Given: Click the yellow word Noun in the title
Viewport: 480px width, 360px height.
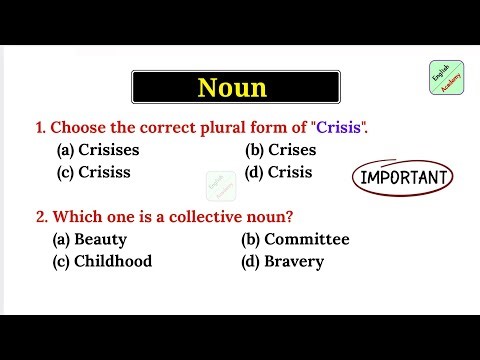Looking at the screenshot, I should pos(232,88).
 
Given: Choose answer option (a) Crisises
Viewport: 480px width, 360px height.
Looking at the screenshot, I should pos(97,150).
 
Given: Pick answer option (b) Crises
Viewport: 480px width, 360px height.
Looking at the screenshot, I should pos(280,150).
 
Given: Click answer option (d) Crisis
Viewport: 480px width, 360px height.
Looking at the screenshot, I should pos(279,172).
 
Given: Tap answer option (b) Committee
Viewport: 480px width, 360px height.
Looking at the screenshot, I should pos(295,240).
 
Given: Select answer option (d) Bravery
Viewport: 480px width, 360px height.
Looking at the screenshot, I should pos(282,261).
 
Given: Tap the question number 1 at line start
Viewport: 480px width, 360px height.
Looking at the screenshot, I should pos(39,127).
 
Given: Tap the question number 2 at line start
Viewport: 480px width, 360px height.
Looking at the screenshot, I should pos(40,216).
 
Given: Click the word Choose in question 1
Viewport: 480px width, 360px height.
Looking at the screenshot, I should pos(77,127).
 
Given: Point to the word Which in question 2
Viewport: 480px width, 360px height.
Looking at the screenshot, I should pos(76,216).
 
